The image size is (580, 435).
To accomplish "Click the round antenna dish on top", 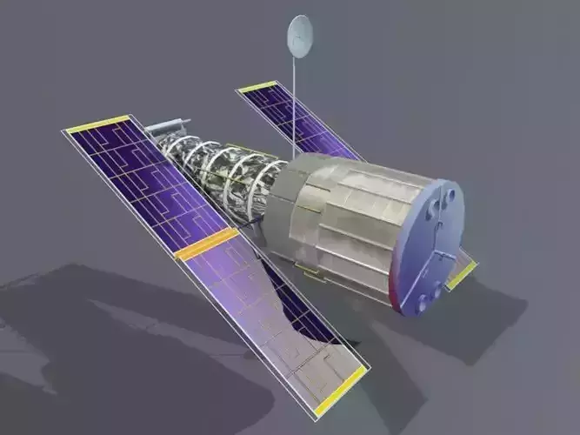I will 300,37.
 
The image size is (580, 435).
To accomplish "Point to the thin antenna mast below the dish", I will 295,104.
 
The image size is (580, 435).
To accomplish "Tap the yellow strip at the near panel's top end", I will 97,124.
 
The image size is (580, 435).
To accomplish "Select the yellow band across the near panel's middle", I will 206,244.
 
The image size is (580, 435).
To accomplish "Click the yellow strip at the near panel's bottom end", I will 340,391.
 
